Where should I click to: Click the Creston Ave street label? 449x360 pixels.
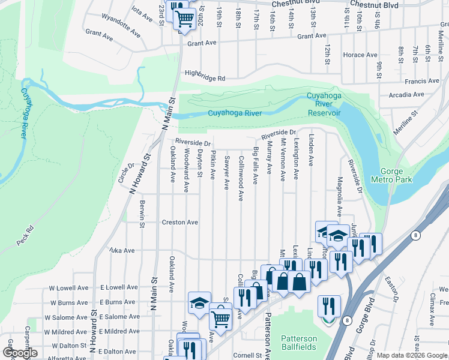click(179, 222)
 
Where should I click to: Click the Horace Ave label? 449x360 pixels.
click(360, 55)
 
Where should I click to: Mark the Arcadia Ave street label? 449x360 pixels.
click(407, 95)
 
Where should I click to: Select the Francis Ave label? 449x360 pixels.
click(422, 81)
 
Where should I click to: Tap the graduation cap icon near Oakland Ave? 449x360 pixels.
click(199, 303)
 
